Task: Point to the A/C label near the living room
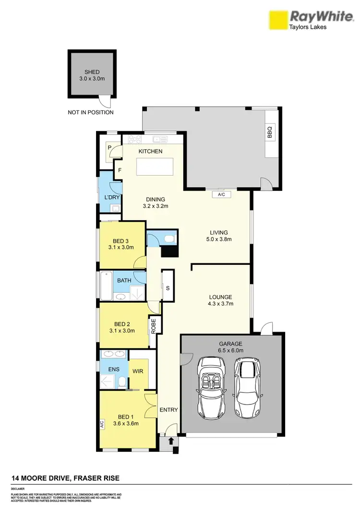pyautogui.click(x=221, y=195)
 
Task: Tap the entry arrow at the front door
pyautogui.click(x=171, y=440)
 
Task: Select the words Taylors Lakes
pyautogui.click(x=307, y=27)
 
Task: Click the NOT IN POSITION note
pyautogui.click(x=91, y=113)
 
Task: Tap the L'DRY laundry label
pyautogui.click(x=111, y=198)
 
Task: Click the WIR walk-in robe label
pyautogui.click(x=138, y=371)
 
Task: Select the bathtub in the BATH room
pyautogui.click(x=106, y=286)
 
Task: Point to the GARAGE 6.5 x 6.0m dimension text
pyautogui.click(x=231, y=347)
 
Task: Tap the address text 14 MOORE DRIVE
pyautogui.click(x=65, y=478)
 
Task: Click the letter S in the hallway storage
pyautogui.click(x=168, y=288)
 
